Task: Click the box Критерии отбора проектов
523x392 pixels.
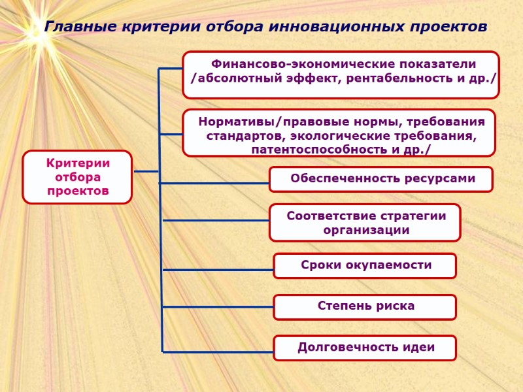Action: [x=77, y=177]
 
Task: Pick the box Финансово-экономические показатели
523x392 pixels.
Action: [x=341, y=74]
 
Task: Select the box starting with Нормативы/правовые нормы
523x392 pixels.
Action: [x=339, y=133]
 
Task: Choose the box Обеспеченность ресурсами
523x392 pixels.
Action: [x=381, y=178]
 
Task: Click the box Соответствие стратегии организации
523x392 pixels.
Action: [x=365, y=222]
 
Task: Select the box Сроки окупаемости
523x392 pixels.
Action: [x=365, y=265]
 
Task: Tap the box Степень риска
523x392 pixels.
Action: [x=365, y=306]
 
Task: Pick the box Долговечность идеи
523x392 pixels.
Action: [x=365, y=348]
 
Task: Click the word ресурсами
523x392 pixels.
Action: [x=436, y=178]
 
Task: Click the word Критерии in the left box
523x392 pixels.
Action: [x=77, y=163]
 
